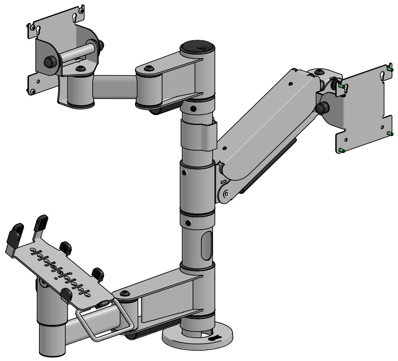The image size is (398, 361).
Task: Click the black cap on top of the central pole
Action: (197, 48)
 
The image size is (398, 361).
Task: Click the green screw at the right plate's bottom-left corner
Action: (341, 150)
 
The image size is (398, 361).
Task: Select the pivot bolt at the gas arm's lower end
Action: (226, 193)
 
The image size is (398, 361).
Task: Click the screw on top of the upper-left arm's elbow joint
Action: (149, 69)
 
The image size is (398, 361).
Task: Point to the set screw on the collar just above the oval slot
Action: (188, 223)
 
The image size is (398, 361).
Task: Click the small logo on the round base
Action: (214, 338)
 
